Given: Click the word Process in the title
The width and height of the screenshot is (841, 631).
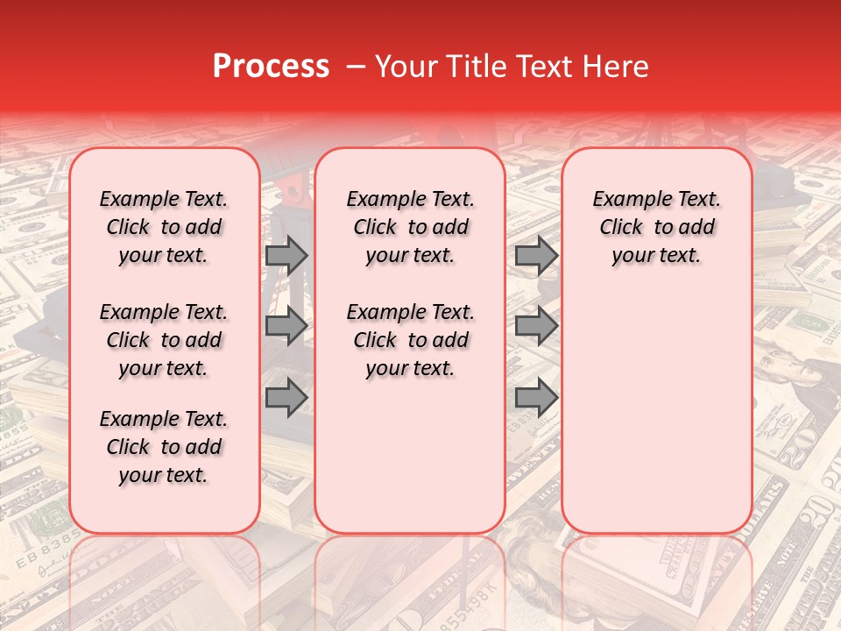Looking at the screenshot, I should click(271, 67).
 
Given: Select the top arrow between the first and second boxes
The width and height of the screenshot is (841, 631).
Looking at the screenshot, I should click(286, 255).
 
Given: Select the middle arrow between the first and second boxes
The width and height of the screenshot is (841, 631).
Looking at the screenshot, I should click(286, 327).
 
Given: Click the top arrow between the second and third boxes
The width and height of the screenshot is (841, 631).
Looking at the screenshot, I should click(536, 255).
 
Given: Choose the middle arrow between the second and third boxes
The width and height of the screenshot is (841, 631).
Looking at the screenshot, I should click(536, 327).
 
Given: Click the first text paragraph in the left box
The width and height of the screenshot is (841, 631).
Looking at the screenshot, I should click(164, 227).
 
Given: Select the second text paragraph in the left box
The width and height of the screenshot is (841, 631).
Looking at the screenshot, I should click(164, 340).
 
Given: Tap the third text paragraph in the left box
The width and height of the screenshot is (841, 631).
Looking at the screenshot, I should click(164, 447).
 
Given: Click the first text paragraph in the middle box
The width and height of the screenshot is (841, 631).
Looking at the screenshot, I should click(411, 227).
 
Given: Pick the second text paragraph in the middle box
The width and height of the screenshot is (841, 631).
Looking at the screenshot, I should click(411, 340).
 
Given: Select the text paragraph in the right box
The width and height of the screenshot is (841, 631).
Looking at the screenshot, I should click(657, 227).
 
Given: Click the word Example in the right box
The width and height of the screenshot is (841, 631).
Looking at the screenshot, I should click(624, 200).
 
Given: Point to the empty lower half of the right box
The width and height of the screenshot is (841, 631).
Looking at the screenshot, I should click(657, 412).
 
